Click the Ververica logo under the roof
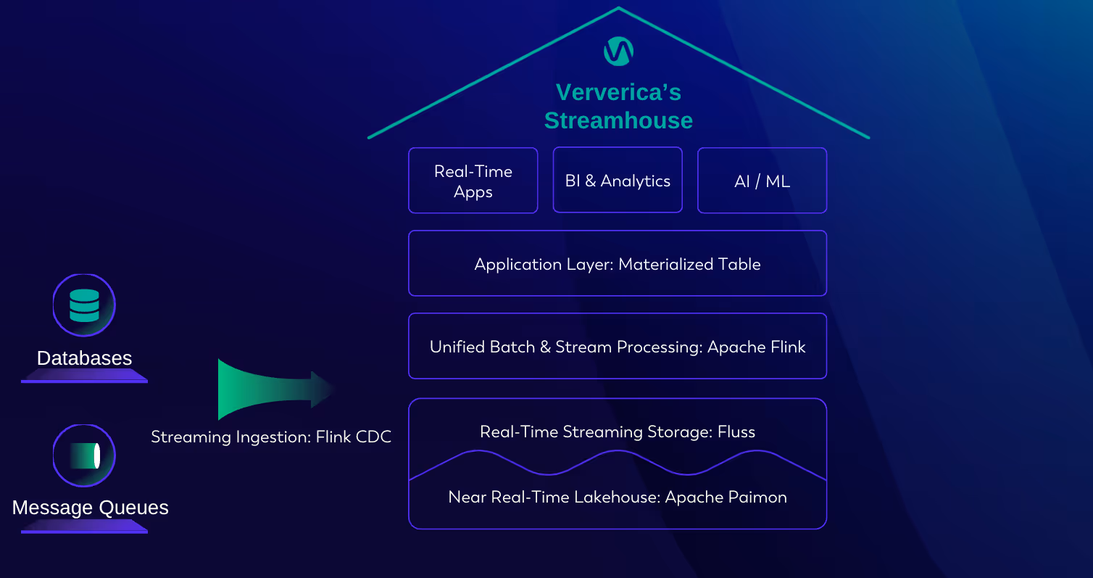click(x=618, y=51)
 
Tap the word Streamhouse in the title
click(x=618, y=120)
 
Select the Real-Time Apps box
click(x=473, y=181)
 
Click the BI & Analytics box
click(x=618, y=181)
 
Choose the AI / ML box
click(x=762, y=181)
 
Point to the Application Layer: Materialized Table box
click(x=618, y=264)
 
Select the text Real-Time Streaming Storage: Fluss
click(x=618, y=432)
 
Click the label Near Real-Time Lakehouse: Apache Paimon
click(x=618, y=498)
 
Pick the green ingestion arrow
click(x=272, y=389)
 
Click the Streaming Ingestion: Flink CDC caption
click(x=271, y=437)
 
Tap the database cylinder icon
click(x=84, y=305)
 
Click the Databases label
click(x=84, y=358)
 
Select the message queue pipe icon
click(x=84, y=456)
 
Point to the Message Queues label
click(x=90, y=508)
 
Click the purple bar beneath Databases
click(x=84, y=376)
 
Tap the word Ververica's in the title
click(x=618, y=93)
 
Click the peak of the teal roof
click(x=618, y=9)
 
